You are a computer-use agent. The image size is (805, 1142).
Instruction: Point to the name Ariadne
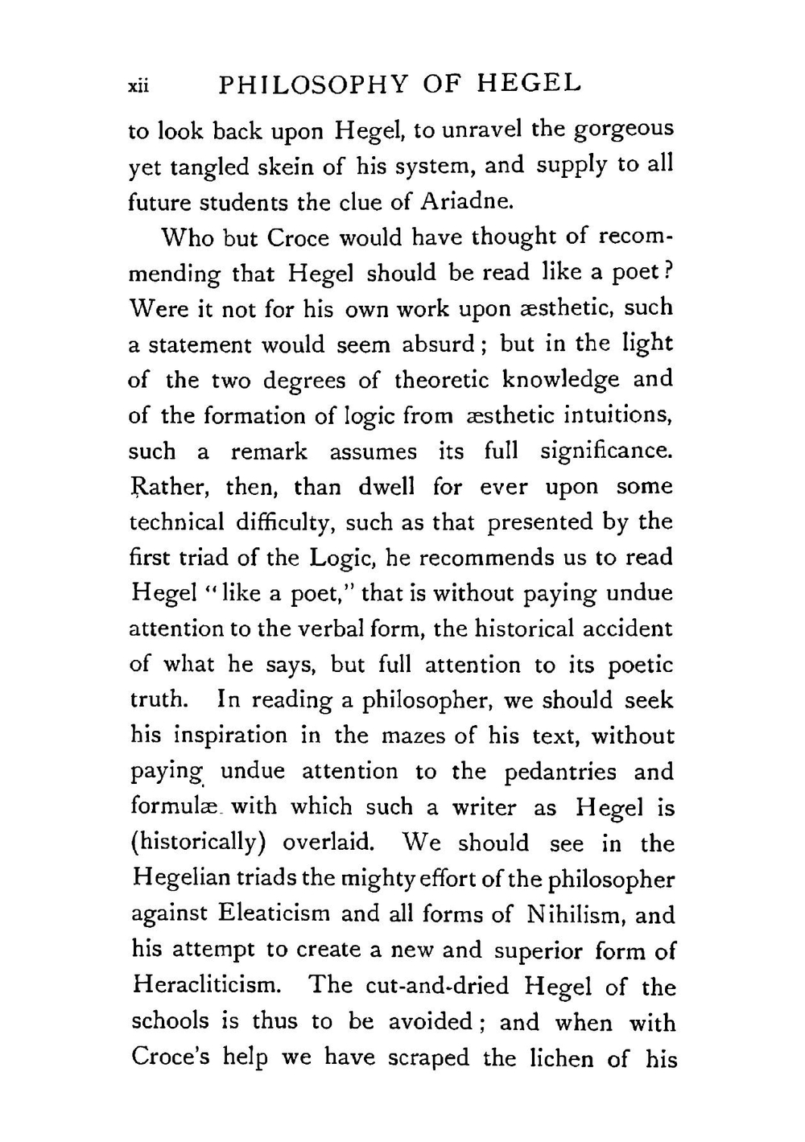click(x=468, y=201)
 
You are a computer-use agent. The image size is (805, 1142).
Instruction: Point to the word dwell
click(x=386, y=487)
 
